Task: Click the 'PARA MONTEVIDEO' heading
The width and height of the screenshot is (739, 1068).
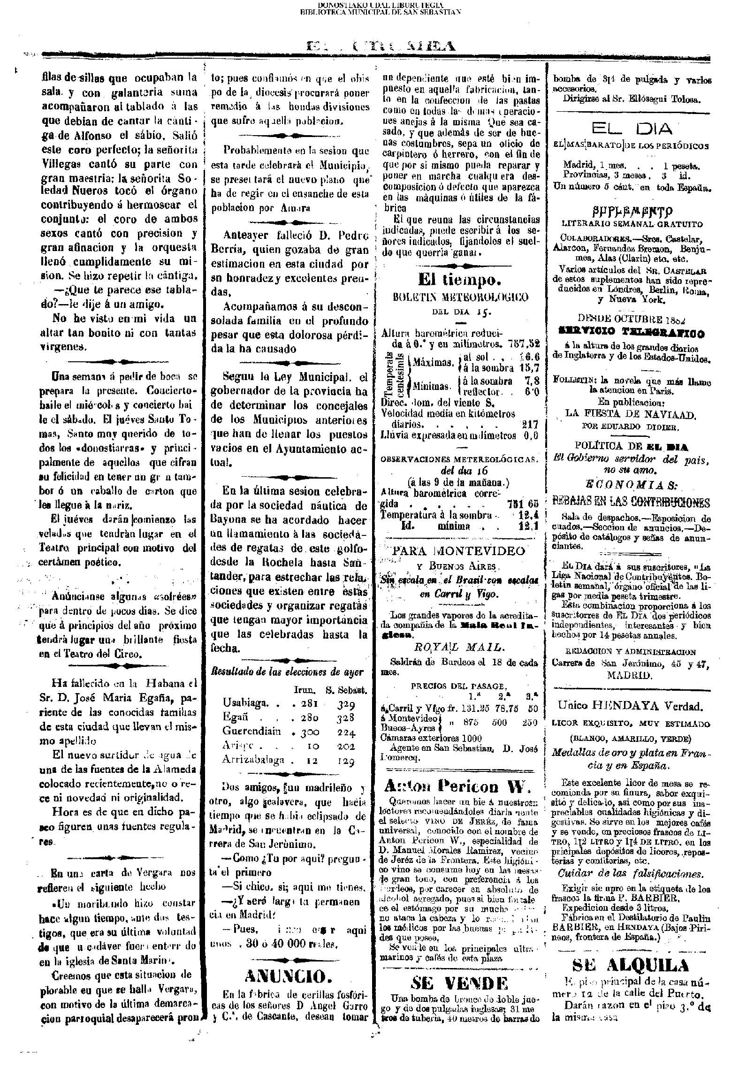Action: pyautogui.click(x=459, y=550)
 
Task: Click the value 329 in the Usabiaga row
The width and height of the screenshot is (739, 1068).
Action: pyautogui.click(x=346, y=703)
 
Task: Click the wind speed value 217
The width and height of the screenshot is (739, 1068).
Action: pyautogui.click(x=530, y=424)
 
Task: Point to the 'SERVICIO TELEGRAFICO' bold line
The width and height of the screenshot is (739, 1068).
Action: pyautogui.click(x=631, y=334)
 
